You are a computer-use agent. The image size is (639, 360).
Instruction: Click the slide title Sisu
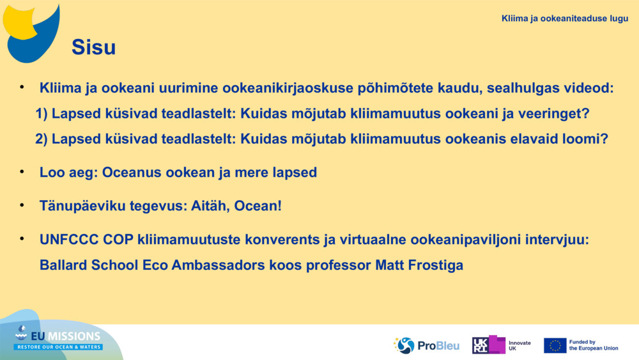coord(93,47)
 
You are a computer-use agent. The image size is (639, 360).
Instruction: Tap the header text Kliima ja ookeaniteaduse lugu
coord(564,19)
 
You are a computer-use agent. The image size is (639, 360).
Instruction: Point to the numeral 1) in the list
coord(42,114)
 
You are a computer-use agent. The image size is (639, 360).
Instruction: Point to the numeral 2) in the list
coord(42,139)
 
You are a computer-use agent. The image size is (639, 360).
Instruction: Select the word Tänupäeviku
coord(82,206)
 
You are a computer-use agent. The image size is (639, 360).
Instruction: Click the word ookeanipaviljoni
coord(465,240)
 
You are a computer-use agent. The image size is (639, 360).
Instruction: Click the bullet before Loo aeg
coord(22,171)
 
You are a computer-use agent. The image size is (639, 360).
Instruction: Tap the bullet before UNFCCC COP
coord(22,239)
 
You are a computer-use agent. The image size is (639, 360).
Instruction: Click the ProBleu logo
coord(426,345)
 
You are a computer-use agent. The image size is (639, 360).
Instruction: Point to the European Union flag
coord(555,346)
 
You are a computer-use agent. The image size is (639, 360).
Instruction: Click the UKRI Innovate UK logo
coord(501,345)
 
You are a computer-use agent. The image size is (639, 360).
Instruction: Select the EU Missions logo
coord(58,338)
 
